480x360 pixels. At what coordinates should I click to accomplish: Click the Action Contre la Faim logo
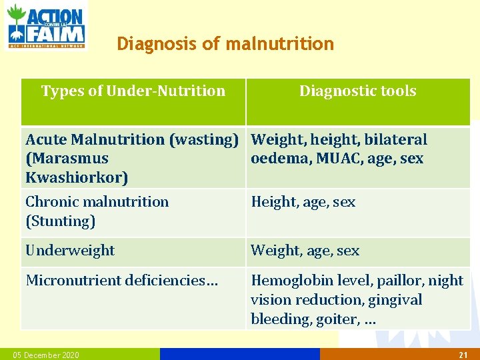point(45,25)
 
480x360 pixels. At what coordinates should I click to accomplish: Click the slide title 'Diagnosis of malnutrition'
point(225,44)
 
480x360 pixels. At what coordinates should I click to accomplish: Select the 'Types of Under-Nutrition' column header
point(133,91)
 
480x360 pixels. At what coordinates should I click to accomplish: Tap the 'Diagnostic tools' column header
point(357,91)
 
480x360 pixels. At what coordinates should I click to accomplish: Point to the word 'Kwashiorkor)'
point(77,178)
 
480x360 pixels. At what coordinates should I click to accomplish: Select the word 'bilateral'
point(395,139)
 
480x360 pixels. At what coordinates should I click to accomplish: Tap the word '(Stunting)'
point(60,221)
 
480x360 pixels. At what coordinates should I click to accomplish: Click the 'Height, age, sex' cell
point(303,201)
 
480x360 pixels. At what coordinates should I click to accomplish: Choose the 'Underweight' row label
point(70,251)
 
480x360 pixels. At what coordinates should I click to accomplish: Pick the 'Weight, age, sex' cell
point(305,251)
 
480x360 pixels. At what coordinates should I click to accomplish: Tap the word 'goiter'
point(337,319)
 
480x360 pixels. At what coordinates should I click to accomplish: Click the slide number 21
point(463,355)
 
